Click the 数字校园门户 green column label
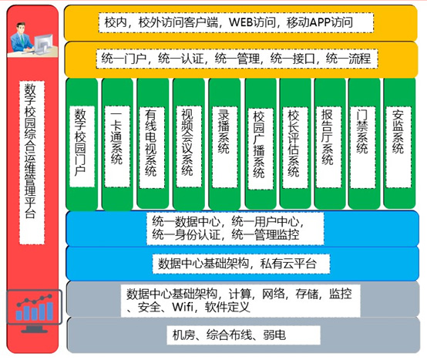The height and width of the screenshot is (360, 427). pos(80,142)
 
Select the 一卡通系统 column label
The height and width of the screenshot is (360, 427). pos(116,138)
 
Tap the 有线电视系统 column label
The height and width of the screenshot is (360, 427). pos(150,142)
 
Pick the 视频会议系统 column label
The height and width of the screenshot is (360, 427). pos(187,142)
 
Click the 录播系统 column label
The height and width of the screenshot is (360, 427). pos(224,131)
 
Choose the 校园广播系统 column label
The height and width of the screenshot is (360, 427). pos(259,144)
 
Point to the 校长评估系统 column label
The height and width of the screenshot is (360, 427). pos(294,143)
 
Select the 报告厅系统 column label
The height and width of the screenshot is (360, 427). pos(328,136)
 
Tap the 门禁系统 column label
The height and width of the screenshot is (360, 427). pos(362,131)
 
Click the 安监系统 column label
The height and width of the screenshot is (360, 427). pos(398,131)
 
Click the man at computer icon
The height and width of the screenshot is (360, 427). pos(32,39)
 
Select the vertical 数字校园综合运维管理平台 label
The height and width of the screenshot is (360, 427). pos(31,151)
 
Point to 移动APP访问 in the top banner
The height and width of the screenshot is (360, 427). pos(320,22)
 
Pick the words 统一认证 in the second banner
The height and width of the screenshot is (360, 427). pos(181,59)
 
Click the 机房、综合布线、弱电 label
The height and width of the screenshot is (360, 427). pos(229,335)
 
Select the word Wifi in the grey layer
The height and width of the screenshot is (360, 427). pos(183,307)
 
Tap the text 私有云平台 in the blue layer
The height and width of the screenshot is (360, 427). pos(288,264)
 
